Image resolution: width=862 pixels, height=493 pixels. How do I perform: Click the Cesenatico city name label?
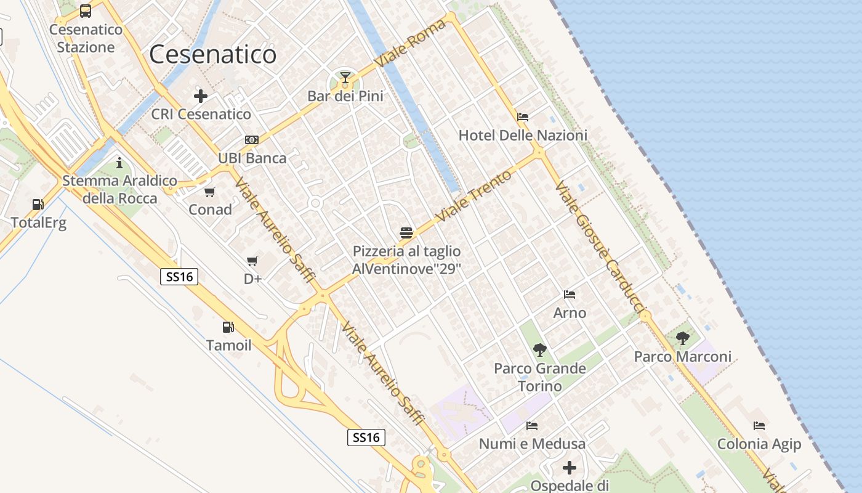click(212, 54)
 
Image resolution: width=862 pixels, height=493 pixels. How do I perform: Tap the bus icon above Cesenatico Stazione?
click(86, 11)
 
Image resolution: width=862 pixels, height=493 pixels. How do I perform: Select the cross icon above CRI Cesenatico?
click(201, 96)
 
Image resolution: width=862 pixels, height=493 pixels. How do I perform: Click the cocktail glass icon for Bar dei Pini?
click(345, 78)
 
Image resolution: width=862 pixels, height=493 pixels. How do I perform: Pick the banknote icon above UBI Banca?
click(252, 140)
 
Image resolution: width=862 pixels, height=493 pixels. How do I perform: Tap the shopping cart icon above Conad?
click(210, 192)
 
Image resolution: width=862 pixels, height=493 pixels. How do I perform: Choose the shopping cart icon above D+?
click(252, 261)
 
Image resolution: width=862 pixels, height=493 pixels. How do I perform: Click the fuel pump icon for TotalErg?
click(38, 205)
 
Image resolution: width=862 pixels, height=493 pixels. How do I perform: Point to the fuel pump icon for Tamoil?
click(228, 327)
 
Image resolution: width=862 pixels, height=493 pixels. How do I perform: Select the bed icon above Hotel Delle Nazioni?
click(523, 117)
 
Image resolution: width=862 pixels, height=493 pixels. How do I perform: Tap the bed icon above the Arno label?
click(570, 295)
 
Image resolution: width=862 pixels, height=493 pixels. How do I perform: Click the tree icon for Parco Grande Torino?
click(540, 350)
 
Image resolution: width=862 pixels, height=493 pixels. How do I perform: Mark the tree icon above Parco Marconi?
click(682, 338)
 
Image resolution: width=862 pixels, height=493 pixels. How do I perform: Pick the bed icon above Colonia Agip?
click(759, 426)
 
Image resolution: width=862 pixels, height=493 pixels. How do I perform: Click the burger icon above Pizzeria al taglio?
click(406, 233)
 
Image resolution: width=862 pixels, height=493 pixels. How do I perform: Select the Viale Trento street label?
click(473, 197)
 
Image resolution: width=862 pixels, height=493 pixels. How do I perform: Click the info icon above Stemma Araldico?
click(119, 163)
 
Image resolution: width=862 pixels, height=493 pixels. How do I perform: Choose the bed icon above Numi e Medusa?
click(532, 426)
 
